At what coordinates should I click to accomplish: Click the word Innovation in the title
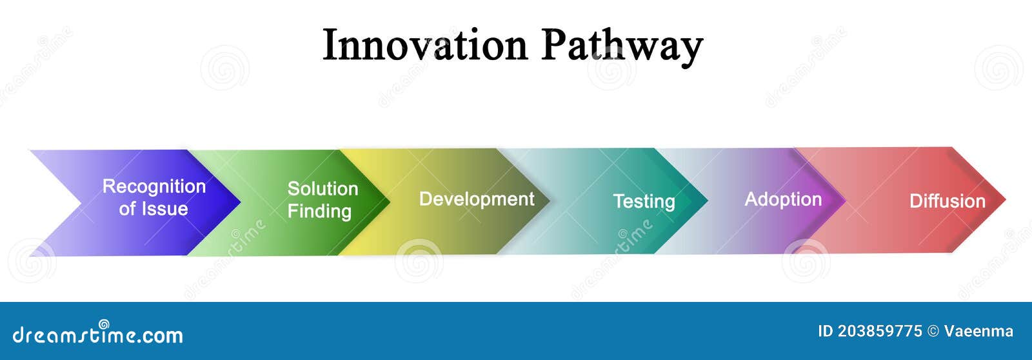pyautogui.click(x=424, y=45)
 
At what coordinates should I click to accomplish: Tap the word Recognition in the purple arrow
pyautogui.click(x=154, y=186)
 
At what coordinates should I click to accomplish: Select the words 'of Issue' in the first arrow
pyautogui.click(x=154, y=209)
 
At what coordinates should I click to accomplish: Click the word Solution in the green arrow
pyautogui.click(x=322, y=188)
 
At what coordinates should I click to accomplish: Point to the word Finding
pyautogui.click(x=319, y=211)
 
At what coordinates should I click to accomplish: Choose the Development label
pyautogui.click(x=477, y=199)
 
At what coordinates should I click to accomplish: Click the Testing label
pyautogui.click(x=644, y=201)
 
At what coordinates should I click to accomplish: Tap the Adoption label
pyautogui.click(x=783, y=199)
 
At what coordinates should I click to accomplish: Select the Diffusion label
pyautogui.click(x=947, y=201)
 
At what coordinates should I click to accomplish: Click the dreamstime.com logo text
pyautogui.click(x=98, y=334)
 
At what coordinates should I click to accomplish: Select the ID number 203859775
pyautogui.click(x=880, y=332)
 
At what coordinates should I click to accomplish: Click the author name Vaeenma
pyautogui.click(x=978, y=332)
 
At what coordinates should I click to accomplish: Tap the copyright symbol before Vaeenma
pyautogui.click(x=933, y=332)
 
